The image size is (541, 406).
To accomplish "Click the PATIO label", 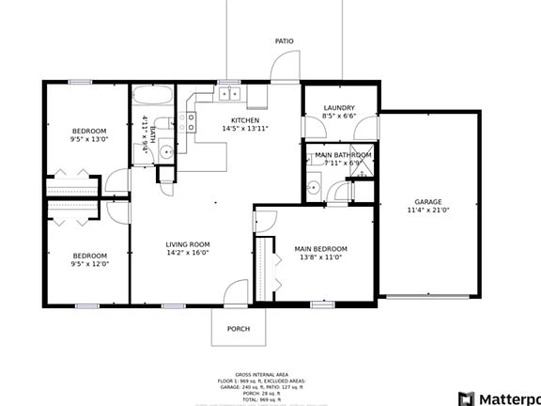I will pos(284,41).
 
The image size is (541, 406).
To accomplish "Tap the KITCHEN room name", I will pos(245,119).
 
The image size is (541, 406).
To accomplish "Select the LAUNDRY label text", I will pos(339,108).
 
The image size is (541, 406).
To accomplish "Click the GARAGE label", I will pos(428,202).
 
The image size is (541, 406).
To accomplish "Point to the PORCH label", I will pos(239,329).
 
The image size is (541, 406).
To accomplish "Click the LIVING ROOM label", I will pos(188,243).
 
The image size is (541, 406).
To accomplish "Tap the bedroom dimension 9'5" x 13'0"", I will pos(89,139).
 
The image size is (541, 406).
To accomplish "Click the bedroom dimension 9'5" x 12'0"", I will pos(90,264).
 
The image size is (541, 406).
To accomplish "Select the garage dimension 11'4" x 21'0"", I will pos(428,211).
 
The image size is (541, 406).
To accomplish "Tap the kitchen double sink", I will pos(228,93).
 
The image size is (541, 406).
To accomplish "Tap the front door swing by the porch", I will pos(236,293).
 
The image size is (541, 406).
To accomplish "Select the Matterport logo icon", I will pos(467,398).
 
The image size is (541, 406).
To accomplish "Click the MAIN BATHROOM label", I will pos(343,155).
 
